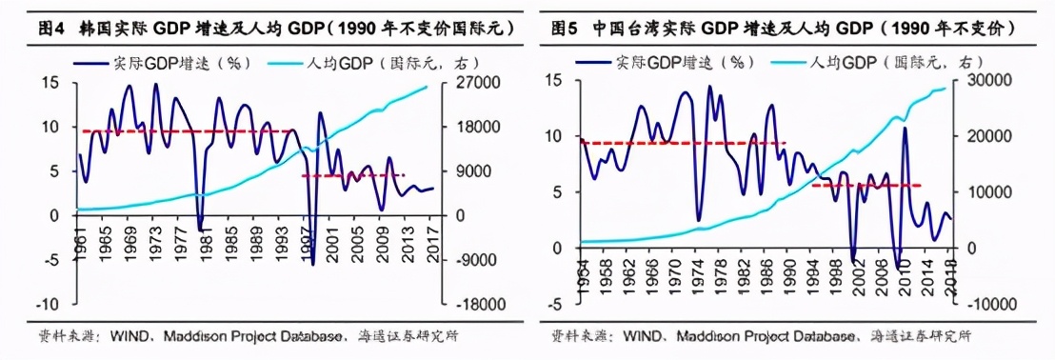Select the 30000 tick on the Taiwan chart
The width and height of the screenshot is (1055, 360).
pyautogui.click(x=989, y=80)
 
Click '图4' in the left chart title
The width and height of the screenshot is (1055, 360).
pyautogui.click(x=50, y=30)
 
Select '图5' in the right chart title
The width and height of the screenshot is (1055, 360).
pyautogui.click(x=566, y=30)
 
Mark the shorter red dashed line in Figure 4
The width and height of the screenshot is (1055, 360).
pyautogui.click(x=352, y=175)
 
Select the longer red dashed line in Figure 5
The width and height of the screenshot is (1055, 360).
pyautogui.click(x=682, y=143)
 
